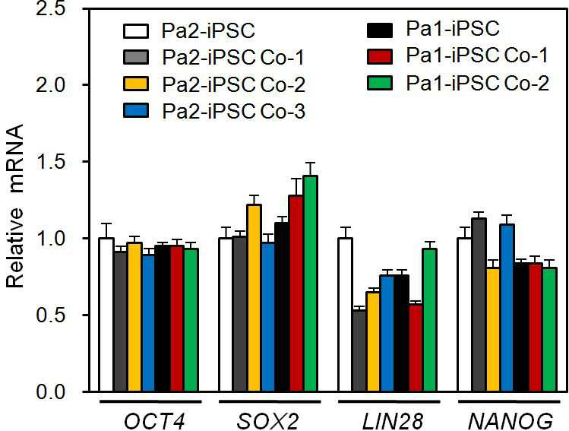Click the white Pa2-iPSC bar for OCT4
point(106,315)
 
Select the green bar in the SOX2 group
point(310,284)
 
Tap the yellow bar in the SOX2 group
point(254,298)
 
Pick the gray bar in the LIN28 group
point(359,350)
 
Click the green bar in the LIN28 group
point(430,320)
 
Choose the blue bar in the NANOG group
point(507,308)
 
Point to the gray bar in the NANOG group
point(479,305)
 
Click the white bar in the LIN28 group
point(345,315)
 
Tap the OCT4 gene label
point(154,422)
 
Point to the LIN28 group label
point(392,422)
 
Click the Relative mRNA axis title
point(15,206)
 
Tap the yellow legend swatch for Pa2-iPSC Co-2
point(136,84)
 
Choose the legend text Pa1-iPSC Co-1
point(477,55)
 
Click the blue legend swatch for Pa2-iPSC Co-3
point(136,110)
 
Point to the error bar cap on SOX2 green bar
point(310,163)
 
